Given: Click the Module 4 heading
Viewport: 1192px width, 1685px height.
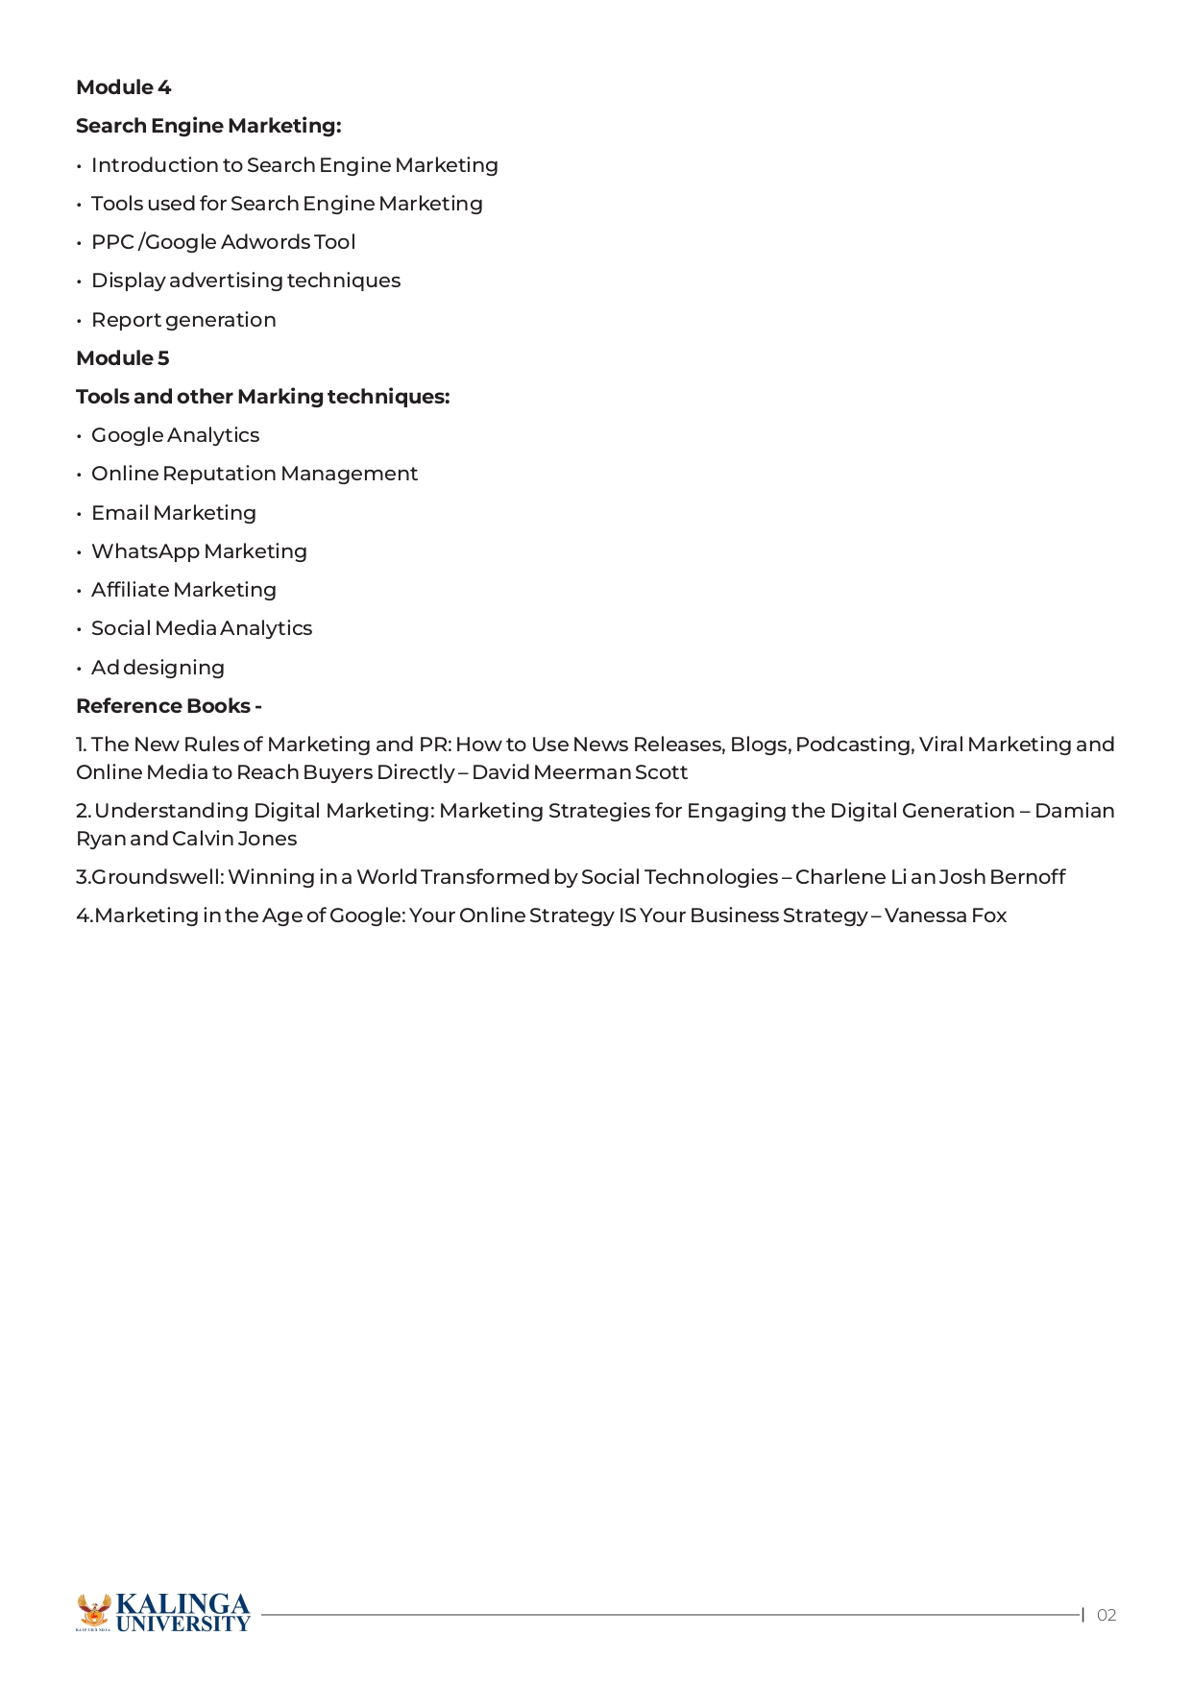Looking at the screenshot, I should pos(123,87).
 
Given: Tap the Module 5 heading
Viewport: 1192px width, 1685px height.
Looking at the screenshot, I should pos(122,358).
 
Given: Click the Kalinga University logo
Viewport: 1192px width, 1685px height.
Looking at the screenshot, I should pos(163,1613).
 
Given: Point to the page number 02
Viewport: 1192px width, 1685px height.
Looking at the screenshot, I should pos(1107,1615).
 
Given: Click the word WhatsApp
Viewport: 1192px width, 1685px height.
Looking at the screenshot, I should pos(145,551).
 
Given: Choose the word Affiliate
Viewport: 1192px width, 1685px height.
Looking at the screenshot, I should pos(130,590).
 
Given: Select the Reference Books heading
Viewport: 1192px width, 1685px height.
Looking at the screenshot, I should pos(168,706).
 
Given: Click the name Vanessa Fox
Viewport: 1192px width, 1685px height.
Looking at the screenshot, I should pos(945,916).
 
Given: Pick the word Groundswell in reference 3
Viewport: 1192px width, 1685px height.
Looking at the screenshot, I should pos(156,877).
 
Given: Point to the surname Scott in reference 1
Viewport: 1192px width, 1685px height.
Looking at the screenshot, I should pos(661,772).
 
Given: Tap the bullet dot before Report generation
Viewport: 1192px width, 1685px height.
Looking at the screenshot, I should pos(79,321).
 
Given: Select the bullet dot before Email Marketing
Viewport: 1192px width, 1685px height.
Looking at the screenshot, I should pos(79,514).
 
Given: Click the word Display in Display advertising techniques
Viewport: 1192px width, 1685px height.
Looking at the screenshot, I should pos(128,281).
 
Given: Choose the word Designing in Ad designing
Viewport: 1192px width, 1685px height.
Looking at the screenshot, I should pos(173,668).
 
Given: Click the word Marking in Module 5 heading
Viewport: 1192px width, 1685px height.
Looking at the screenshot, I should pos(280,397).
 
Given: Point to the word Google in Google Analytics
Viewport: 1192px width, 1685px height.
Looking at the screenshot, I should pos(127,435).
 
